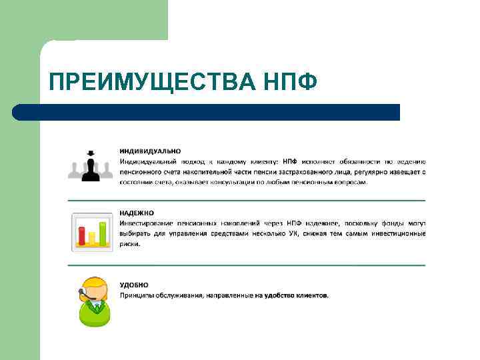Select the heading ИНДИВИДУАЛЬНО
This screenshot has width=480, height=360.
coord(150,151)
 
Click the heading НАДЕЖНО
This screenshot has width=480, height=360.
coord(136,213)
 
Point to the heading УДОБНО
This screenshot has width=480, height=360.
coord(134,285)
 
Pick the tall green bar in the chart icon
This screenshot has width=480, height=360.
coord(103,232)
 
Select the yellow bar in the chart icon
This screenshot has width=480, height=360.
coord(93,237)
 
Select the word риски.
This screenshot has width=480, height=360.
coord(130,244)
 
